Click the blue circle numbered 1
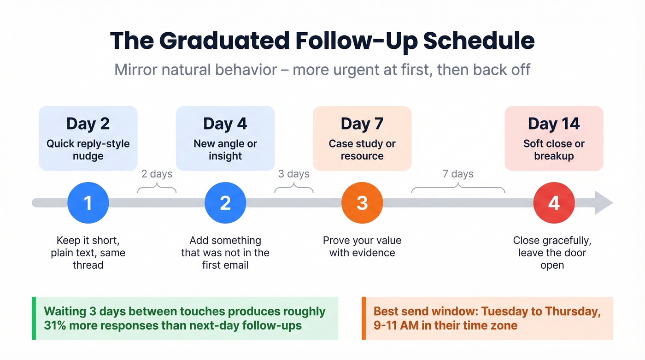click(x=88, y=203)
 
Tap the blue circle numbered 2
click(x=225, y=203)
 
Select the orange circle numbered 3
click(x=362, y=203)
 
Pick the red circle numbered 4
click(x=554, y=203)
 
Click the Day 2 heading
click(x=88, y=124)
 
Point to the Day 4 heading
click(x=225, y=124)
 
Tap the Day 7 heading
click(x=362, y=124)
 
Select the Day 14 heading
click(x=554, y=124)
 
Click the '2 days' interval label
click(x=157, y=174)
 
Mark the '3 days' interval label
click(x=294, y=174)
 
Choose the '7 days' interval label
click(x=458, y=174)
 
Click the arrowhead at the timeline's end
click(x=604, y=203)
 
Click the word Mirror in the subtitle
click(x=136, y=70)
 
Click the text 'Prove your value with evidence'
click(x=362, y=247)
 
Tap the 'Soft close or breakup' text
click(x=554, y=150)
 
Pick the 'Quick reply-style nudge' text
click(x=88, y=150)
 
